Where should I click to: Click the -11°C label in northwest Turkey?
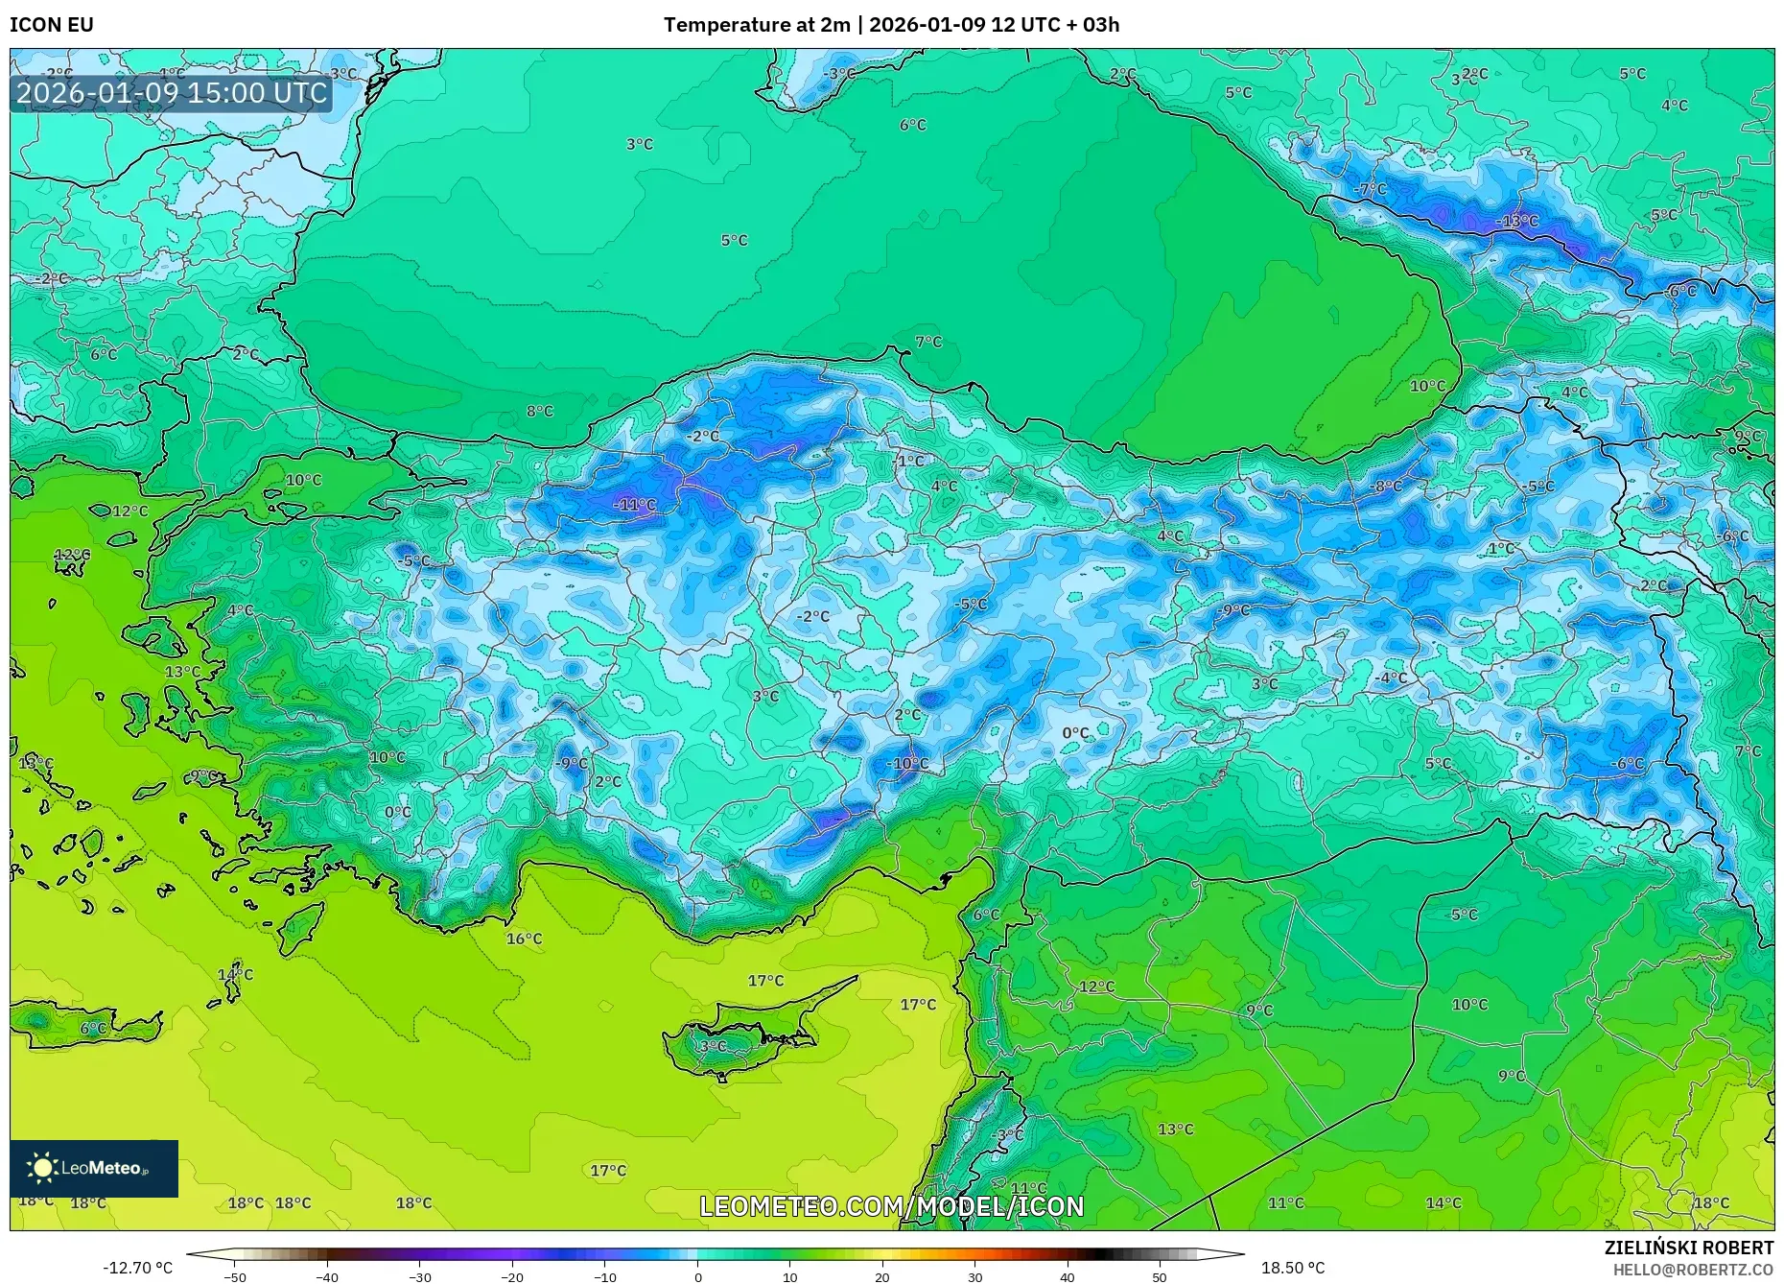pos(635,505)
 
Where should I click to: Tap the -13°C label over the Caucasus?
pos(1516,221)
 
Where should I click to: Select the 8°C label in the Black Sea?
pos(540,411)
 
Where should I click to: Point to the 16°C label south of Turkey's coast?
pos(524,939)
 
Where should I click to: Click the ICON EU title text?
pos(52,24)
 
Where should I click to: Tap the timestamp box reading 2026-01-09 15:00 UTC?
pos(172,93)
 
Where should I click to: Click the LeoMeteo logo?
pos(94,1168)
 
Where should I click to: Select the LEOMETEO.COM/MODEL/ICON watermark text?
pos(892,1206)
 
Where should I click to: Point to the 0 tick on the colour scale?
pos(698,1277)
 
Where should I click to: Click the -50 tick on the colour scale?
pos(234,1277)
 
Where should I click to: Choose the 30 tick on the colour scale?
pos(974,1277)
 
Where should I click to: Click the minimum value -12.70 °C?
pos(138,1269)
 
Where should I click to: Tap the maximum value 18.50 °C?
pos(1292,1269)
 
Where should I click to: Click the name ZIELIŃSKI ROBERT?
pos(1688,1248)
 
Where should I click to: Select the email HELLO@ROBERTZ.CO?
pos(1693,1270)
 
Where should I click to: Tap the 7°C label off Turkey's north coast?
pos(927,342)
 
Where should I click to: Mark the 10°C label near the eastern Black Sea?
pos(1427,386)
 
